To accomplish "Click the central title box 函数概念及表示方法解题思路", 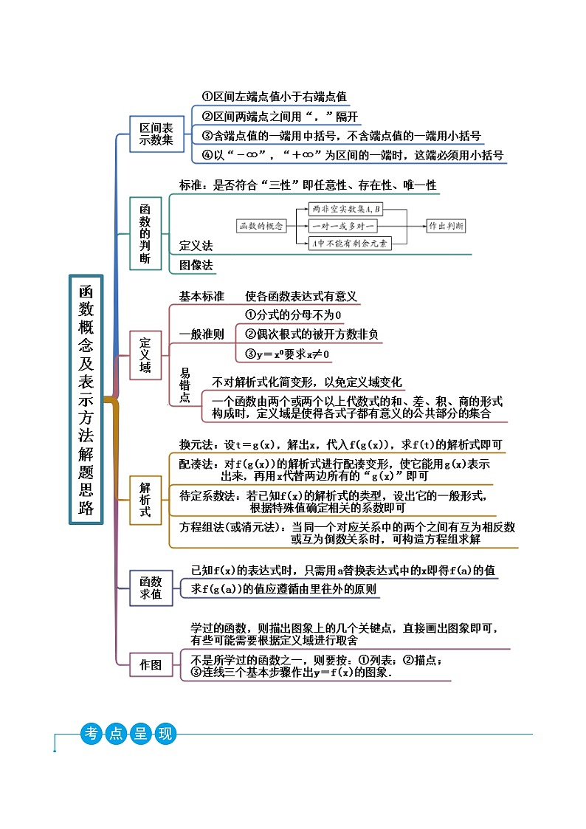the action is [86, 399].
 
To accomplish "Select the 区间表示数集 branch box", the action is [156, 134].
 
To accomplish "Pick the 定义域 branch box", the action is [145, 354].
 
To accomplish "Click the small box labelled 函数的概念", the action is [261, 226].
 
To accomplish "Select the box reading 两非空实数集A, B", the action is [341, 210].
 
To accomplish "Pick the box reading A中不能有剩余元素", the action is [349, 242].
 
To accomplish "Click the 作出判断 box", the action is [447, 226].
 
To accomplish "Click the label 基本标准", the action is [201, 296].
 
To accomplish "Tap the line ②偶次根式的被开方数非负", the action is [311, 334].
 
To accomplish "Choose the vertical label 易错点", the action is [185, 385].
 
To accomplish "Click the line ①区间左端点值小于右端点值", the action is [274, 97].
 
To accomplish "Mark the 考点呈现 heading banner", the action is [128, 735].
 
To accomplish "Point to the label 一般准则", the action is [201, 334].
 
